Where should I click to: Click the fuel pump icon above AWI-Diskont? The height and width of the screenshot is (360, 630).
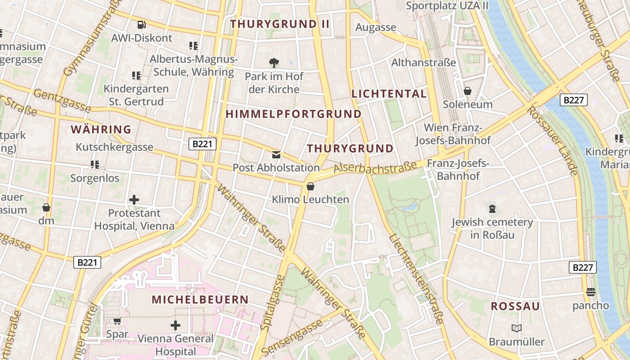pyautogui.click(x=141, y=25)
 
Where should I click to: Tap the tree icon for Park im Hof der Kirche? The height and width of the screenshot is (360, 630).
pyautogui.click(x=274, y=63)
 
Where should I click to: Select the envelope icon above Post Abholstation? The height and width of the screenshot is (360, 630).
pyautogui.click(x=276, y=155)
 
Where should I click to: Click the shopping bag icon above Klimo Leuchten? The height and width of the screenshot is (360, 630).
pyautogui.click(x=310, y=186)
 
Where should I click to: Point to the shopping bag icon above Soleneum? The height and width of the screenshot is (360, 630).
pyautogui.click(x=468, y=91)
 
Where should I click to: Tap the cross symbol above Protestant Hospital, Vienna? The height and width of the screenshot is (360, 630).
pyautogui.click(x=134, y=199)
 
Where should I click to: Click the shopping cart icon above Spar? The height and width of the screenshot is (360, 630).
pyautogui.click(x=117, y=321)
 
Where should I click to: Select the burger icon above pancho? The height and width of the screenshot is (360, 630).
pyautogui.click(x=590, y=292)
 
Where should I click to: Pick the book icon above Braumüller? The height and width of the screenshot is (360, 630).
pyautogui.click(x=517, y=328)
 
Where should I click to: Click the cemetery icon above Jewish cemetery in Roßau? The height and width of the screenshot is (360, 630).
pyautogui.click(x=492, y=209)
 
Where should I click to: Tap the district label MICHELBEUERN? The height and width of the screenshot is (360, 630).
pyautogui.click(x=200, y=300)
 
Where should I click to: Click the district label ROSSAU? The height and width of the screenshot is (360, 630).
pyautogui.click(x=515, y=306)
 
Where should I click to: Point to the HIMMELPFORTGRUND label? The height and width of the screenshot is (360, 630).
pyautogui.click(x=293, y=114)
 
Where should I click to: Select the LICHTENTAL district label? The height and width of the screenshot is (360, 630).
pyautogui.click(x=389, y=94)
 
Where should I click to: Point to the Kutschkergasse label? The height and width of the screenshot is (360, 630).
pyautogui.click(x=114, y=147)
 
